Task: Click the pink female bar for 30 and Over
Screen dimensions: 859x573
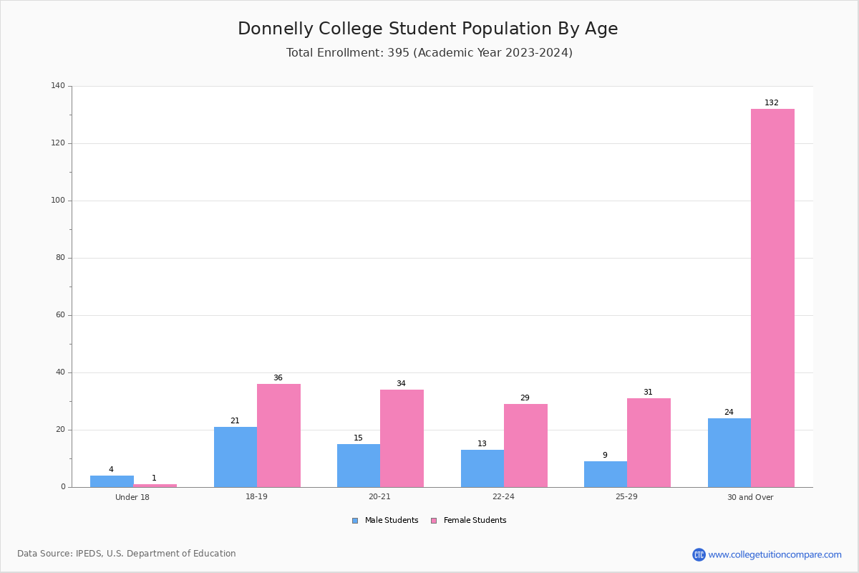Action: click(772, 298)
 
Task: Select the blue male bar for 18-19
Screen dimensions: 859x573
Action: click(236, 457)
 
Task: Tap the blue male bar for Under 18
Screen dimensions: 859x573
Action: click(112, 481)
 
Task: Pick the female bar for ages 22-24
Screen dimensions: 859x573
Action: click(525, 446)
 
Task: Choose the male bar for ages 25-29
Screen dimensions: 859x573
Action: click(606, 474)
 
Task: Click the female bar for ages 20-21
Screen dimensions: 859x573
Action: click(402, 438)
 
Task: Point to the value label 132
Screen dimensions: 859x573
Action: click(772, 102)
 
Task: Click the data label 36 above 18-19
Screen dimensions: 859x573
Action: click(278, 377)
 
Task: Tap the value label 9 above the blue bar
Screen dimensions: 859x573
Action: click(605, 455)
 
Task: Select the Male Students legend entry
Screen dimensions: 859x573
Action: click(385, 520)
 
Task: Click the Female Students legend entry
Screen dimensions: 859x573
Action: click(469, 520)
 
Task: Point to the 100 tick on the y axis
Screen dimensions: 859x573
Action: click(58, 201)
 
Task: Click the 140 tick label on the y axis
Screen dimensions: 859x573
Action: click(58, 85)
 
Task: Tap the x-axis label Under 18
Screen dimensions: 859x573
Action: click(132, 497)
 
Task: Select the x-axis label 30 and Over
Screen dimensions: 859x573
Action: click(750, 497)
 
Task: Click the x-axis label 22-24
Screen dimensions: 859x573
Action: click(503, 496)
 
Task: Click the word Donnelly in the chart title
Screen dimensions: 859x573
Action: click(276, 29)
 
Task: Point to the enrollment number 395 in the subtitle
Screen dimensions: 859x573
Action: click(399, 52)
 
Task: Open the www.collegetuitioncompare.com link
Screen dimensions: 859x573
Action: click(775, 554)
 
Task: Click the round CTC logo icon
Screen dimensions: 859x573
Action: click(699, 554)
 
